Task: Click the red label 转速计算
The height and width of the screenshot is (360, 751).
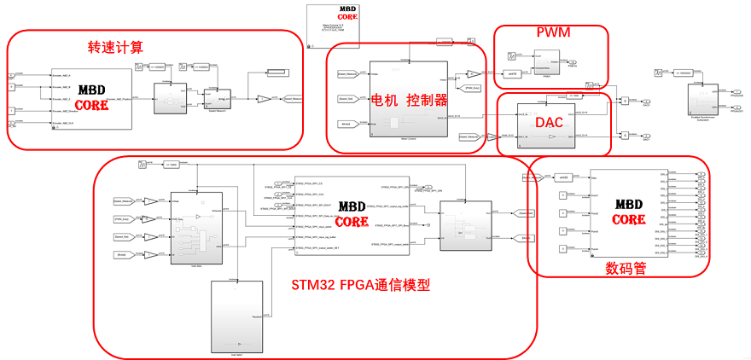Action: pyautogui.click(x=116, y=45)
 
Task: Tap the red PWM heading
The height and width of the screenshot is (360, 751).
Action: pyautogui.click(x=552, y=33)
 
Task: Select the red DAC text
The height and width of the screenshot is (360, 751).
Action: pyautogui.click(x=547, y=123)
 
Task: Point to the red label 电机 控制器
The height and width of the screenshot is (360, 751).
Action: pyautogui.click(x=408, y=100)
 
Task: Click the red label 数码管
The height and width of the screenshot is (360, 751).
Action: pyautogui.click(x=626, y=268)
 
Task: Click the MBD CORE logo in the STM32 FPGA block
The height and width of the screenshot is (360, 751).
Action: pyautogui.click(x=352, y=214)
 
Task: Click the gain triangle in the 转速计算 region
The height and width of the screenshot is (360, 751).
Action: pyautogui.click(x=265, y=99)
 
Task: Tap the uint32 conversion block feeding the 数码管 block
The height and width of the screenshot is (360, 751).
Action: pyautogui.click(x=563, y=177)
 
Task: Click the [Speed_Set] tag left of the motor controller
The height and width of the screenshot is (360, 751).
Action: pyautogui.click(x=347, y=99)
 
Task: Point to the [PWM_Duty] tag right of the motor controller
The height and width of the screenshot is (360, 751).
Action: pyautogui.click(x=470, y=88)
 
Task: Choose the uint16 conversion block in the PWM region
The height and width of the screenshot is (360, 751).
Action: pyautogui.click(x=513, y=74)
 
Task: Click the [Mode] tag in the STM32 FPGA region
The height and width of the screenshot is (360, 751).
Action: pyautogui.click(x=125, y=255)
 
